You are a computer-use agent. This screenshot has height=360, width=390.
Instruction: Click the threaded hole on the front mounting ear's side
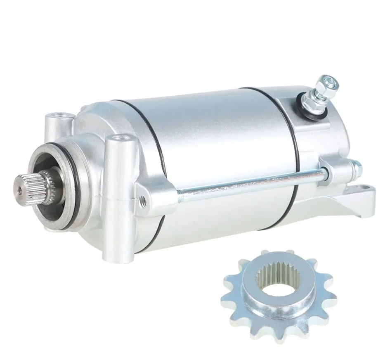[x=143, y=200]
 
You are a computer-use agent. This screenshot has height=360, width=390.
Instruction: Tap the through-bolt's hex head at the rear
[x=356, y=167]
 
